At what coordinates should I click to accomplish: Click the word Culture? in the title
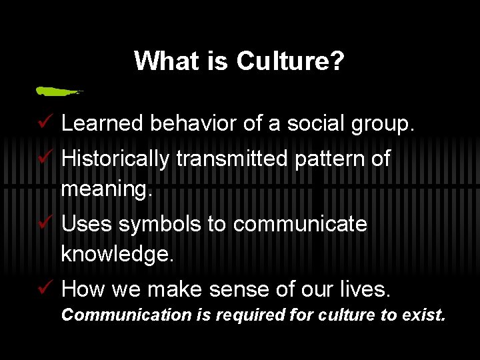coord(289,61)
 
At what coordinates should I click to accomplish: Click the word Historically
coord(115,159)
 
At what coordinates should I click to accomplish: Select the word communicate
coord(300,224)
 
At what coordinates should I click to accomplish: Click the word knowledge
coord(117,254)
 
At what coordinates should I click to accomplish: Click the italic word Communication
coord(126,315)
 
